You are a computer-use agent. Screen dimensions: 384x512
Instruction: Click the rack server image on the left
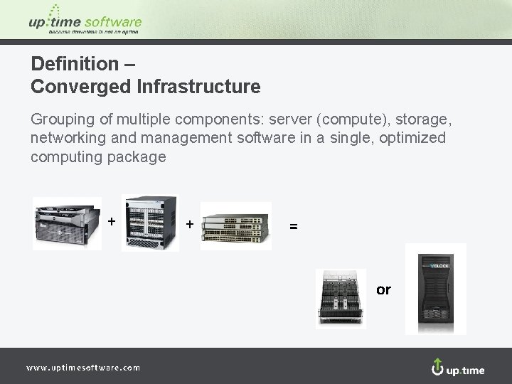point(67,223)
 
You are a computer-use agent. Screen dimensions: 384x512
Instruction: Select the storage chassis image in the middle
point(150,223)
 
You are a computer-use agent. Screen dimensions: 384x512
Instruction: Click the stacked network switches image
point(236,226)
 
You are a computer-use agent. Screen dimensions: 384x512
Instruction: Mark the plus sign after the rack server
point(112,220)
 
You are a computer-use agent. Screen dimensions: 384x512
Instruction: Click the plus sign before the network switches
point(190,224)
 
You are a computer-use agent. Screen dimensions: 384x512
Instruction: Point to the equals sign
point(294,226)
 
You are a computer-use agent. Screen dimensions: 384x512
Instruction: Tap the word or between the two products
point(383,290)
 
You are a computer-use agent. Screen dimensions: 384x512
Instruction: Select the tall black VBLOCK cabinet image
point(435,289)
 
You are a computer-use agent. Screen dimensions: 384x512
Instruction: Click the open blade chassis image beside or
point(341,299)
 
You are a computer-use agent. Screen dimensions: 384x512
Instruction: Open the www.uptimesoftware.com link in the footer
point(83,368)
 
